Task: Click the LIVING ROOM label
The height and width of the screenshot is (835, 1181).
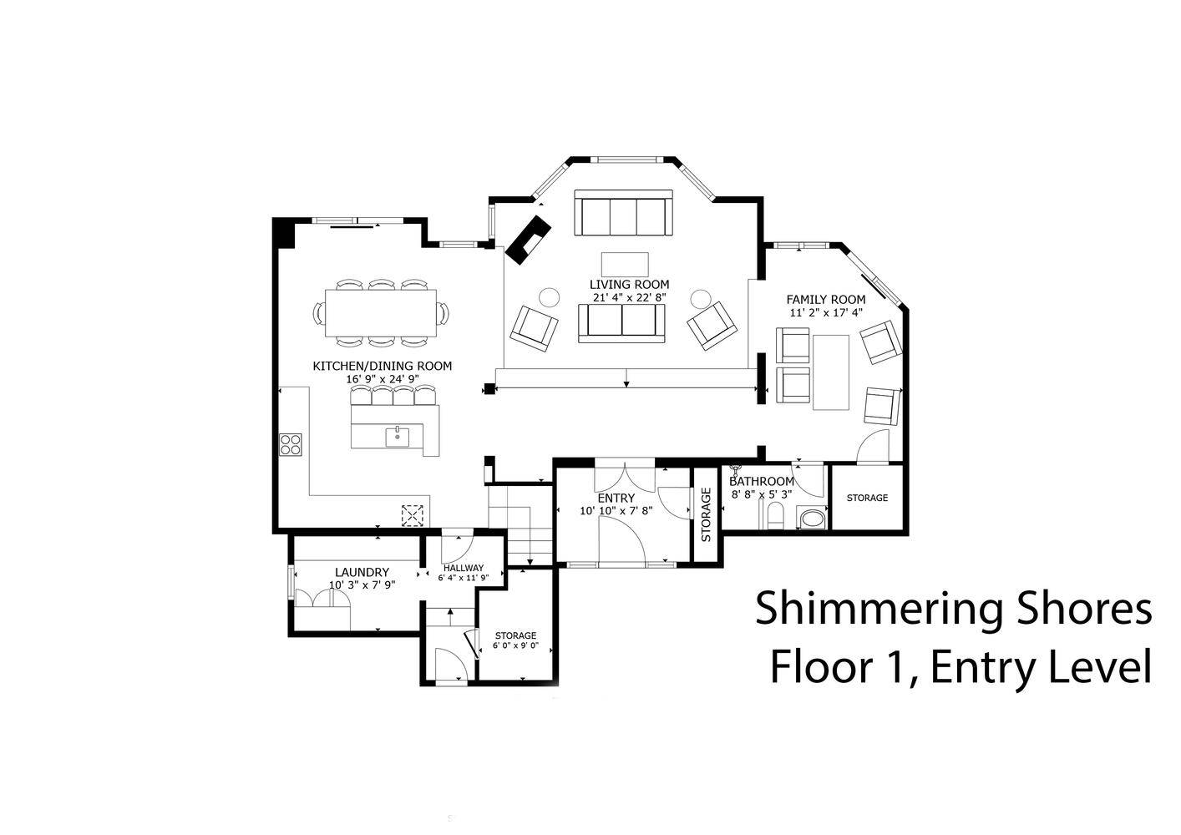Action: [629, 285]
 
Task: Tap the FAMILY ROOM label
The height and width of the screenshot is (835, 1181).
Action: [826, 300]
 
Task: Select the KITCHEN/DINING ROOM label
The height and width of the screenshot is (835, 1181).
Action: [383, 366]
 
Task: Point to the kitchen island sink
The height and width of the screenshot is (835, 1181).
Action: [397, 437]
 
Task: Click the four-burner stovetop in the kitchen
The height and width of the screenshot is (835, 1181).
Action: [291, 444]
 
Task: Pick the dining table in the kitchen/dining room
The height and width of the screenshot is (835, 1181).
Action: [381, 313]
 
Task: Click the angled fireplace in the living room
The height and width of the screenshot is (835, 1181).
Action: [528, 240]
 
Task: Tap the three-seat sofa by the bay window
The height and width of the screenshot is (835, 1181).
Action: [623, 213]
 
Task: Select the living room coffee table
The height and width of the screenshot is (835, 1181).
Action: [625, 265]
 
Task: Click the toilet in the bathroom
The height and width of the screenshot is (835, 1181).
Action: [775, 515]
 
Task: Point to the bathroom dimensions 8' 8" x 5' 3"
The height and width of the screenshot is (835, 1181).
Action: [762, 494]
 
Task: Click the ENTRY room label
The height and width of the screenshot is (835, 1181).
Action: [616, 498]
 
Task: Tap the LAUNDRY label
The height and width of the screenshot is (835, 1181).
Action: [362, 573]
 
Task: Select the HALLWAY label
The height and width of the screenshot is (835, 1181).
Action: [464, 569]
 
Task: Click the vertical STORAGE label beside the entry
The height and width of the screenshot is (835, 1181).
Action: [707, 514]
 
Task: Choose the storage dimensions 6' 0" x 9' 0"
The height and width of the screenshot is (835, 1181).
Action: [515, 645]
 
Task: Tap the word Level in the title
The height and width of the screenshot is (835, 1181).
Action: [1100, 668]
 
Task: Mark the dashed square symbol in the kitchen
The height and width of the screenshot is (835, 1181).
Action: [413, 515]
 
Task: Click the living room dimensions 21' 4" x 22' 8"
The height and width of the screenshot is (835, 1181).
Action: [630, 297]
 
